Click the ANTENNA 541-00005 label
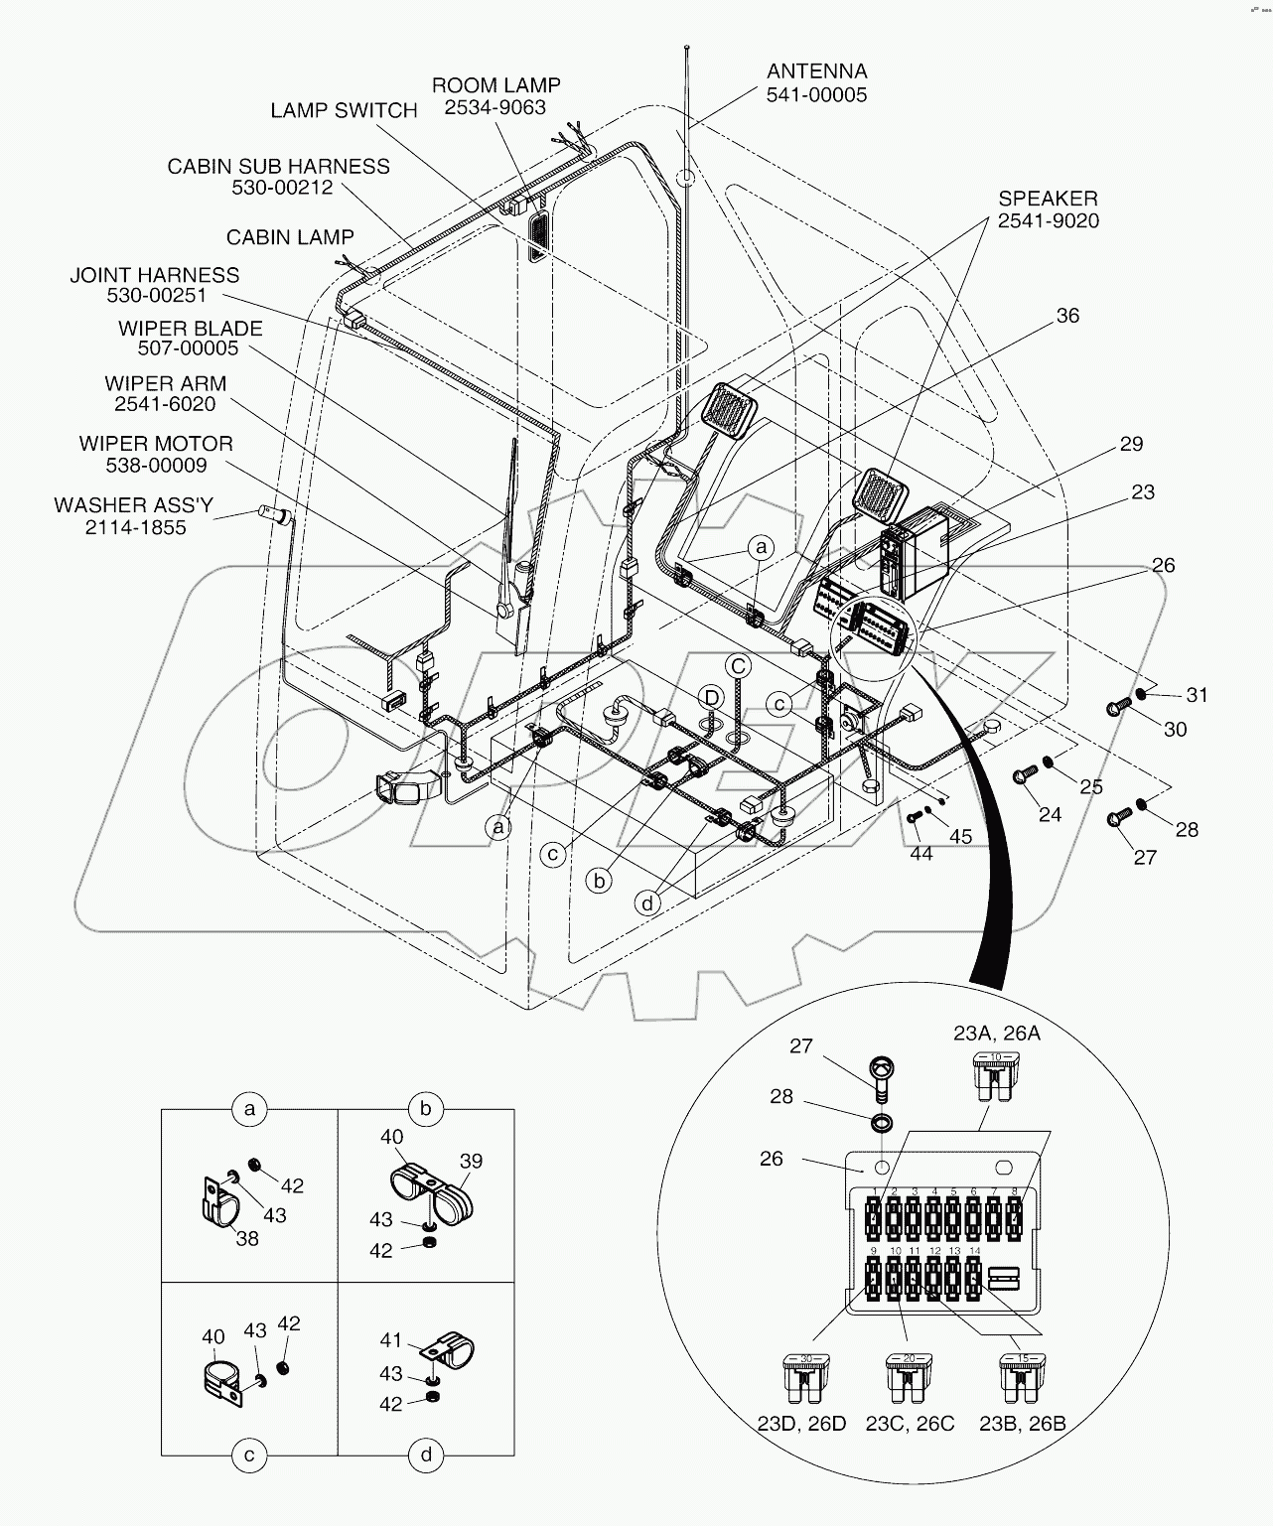816,83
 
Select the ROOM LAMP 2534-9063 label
495,96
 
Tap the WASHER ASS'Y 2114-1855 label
134,516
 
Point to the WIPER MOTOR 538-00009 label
156,454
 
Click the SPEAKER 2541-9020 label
1049,209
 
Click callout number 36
1067,316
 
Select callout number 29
1131,444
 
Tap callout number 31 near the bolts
1198,695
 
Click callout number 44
920,853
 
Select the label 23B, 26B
1022,1423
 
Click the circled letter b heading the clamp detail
425,1109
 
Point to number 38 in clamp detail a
247,1238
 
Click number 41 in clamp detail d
391,1340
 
